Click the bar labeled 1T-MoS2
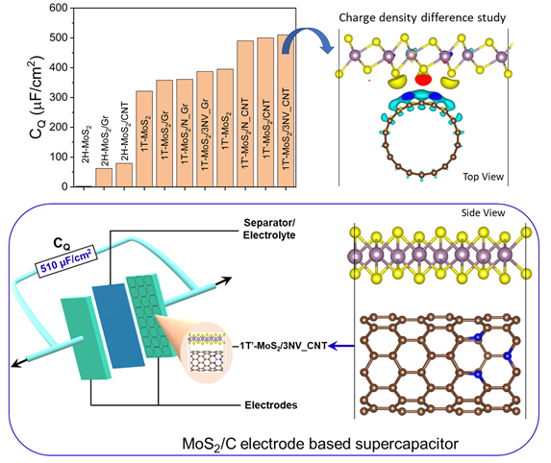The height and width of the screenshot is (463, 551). coord(144,138)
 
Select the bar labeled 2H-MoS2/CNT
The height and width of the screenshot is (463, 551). coord(124,175)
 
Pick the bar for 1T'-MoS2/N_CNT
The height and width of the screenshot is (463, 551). coord(245,113)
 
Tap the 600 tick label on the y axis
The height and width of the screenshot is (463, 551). coord(59,8)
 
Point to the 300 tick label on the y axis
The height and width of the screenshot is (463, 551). coord(59,97)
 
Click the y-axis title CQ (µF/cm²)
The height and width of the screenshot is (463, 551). coord(38,97)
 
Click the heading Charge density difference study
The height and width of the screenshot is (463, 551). coord(422,18)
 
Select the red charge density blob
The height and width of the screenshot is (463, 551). coord(423,80)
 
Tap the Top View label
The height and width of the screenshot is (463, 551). coord(483,177)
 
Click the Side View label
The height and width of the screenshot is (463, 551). coord(483,212)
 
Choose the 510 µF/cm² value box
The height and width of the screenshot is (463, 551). coord(65,261)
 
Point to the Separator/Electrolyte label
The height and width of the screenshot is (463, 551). coord(269,229)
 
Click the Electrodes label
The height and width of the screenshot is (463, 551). coord(271,405)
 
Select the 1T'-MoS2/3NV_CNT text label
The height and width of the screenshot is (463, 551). coord(284,346)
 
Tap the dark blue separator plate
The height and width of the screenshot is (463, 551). coord(118,326)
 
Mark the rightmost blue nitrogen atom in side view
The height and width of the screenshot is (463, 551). coord(507,356)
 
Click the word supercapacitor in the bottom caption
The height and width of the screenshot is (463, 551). coord(407,444)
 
